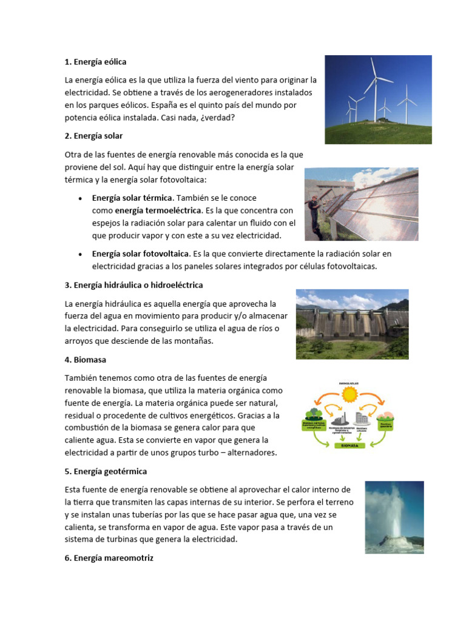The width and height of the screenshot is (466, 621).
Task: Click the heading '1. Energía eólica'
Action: [x=95, y=62]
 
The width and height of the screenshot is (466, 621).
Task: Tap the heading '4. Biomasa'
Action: [x=85, y=360]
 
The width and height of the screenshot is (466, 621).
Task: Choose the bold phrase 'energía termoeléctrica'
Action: [x=158, y=210]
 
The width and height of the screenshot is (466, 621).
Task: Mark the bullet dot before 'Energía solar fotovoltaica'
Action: [x=81, y=253]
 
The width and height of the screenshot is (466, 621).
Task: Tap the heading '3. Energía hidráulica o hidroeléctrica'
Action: [x=133, y=284]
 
